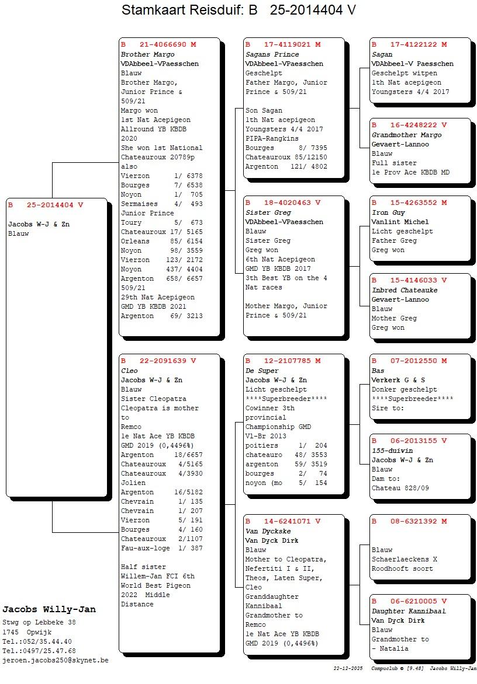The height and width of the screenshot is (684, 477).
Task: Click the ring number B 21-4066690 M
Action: [x=158, y=44]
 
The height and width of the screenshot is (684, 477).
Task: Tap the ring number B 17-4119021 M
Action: [x=283, y=44]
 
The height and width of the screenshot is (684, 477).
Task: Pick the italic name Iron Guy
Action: [x=388, y=212]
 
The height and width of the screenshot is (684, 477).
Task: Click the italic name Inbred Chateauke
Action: [x=404, y=290]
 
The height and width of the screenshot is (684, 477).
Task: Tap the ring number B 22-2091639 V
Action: [x=158, y=361]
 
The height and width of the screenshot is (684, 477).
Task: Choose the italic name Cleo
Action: [x=129, y=371]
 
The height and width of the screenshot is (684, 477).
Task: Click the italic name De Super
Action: [x=262, y=371]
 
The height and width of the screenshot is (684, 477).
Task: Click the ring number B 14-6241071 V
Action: [x=283, y=521]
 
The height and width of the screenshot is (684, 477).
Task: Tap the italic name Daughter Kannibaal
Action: [x=409, y=611]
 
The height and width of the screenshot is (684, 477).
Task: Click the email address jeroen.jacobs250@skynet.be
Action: [x=56, y=660]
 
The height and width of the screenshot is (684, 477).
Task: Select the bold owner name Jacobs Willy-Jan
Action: [x=49, y=609]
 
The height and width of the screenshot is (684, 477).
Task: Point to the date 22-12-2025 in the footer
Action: [x=348, y=668]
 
